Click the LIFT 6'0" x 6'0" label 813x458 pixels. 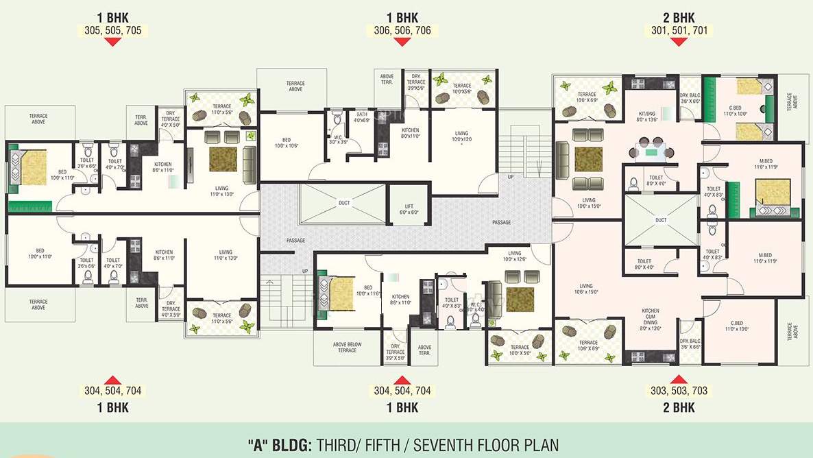tap(405, 209)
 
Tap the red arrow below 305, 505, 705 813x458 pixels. tap(114, 42)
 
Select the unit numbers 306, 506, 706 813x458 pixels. tap(402, 30)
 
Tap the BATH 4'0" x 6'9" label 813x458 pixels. tap(362, 117)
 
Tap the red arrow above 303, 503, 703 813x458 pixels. tap(679, 379)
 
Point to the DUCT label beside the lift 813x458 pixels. tap(344, 202)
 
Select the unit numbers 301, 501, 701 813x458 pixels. tap(680, 30)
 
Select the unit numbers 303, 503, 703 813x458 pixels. tap(679, 391)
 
